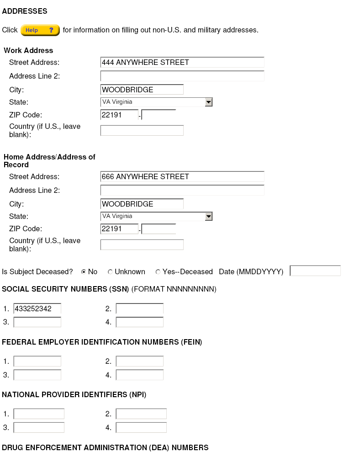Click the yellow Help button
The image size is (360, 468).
pos(40,30)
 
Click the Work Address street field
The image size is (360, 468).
pos(182,63)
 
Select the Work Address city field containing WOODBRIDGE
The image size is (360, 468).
pos(142,90)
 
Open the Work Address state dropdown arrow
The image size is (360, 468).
pos(208,102)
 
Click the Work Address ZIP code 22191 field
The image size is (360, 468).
pos(119,115)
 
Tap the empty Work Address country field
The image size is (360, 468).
pos(142,131)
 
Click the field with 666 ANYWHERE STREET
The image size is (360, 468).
pos(182,177)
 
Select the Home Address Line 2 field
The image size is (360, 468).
pos(182,190)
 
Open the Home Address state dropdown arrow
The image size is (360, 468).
pos(208,217)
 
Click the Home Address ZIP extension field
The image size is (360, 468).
pos(159,229)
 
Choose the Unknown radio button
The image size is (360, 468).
pos(110,272)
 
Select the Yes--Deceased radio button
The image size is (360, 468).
pos(158,272)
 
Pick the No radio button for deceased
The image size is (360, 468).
pos(84,272)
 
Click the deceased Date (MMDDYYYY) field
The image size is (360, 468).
pos(315,271)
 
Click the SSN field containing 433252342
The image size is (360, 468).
pos(37,309)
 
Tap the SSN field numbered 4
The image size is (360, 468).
pos(139,322)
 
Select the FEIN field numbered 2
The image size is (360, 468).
pos(139,362)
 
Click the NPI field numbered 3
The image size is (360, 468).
pos(39,427)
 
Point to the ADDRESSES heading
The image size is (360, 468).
pos(25,11)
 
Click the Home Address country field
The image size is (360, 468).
pos(142,245)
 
